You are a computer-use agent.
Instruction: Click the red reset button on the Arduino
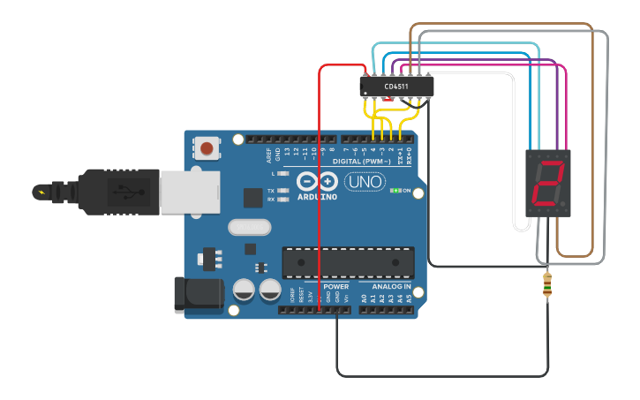click(x=207, y=148)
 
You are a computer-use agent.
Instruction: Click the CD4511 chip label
click(x=397, y=86)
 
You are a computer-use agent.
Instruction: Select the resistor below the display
click(x=547, y=284)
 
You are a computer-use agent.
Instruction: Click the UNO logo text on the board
click(x=364, y=182)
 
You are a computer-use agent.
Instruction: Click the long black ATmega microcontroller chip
click(x=348, y=262)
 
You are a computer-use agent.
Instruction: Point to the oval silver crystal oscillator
click(x=249, y=227)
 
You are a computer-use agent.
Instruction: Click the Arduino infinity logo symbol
click(x=317, y=181)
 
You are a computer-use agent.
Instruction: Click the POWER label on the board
click(x=335, y=287)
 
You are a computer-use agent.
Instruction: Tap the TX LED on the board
click(x=282, y=191)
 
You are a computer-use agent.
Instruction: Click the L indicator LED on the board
click(x=282, y=174)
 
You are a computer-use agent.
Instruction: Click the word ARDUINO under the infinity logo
click(x=317, y=198)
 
